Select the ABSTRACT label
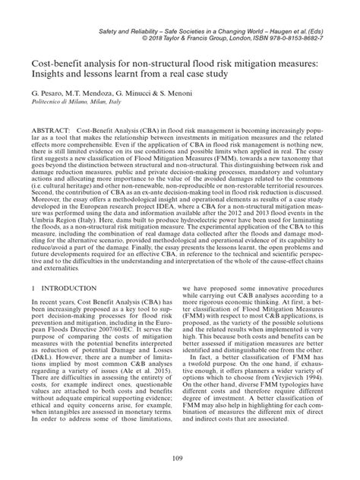(x=49, y=130)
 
